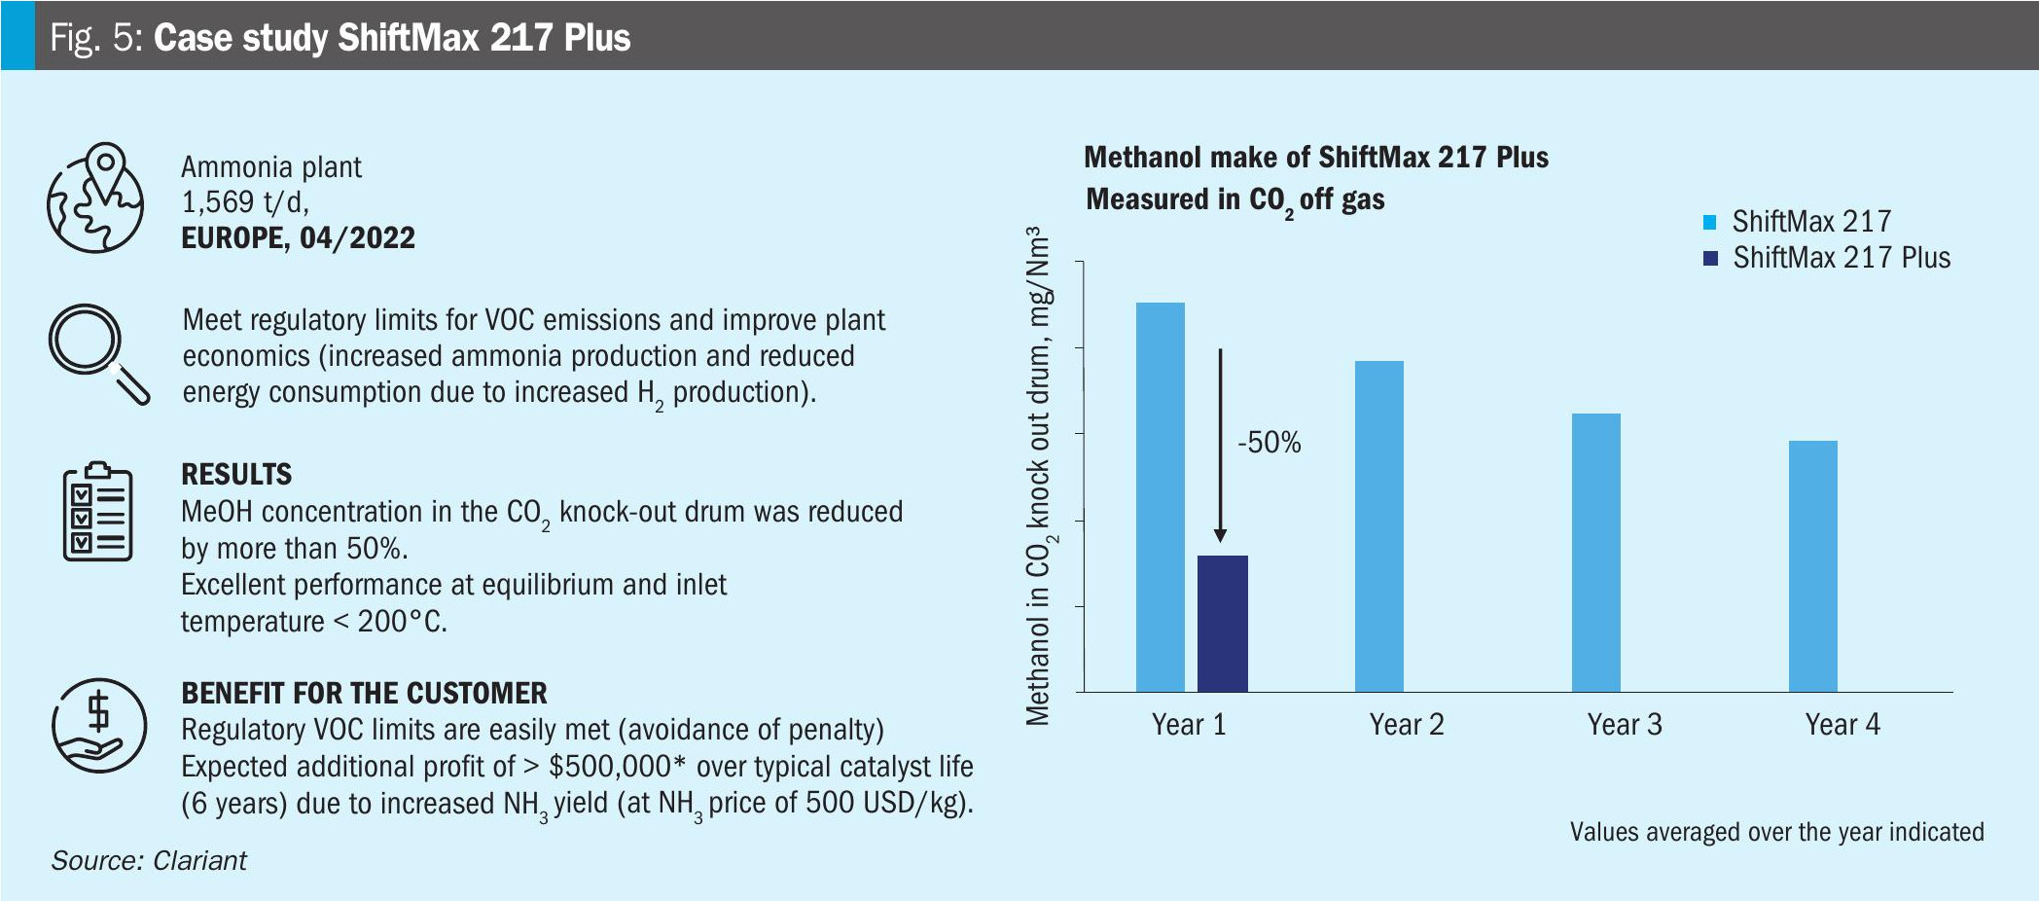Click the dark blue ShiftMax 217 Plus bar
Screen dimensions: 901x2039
1222,623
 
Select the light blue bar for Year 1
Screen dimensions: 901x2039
1161,496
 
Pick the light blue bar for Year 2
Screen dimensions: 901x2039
1378,525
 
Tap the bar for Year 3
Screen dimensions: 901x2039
1596,552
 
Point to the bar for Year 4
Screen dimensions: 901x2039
1813,565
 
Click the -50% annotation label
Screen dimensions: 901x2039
1269,443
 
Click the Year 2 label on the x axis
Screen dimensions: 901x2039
1407,725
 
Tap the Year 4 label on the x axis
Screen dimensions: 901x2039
1842,725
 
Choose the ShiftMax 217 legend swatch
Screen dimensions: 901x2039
1710,222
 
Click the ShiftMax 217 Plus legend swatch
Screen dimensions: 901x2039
1710,259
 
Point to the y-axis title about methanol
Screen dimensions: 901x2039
1039,476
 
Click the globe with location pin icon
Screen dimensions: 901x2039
95,198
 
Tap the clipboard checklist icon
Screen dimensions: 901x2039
97,512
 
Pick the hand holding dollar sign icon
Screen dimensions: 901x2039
98,726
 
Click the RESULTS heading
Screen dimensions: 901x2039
236,475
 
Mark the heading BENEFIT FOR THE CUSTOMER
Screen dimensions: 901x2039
364,694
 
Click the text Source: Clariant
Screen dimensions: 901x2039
149,861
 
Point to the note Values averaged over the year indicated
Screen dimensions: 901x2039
1776,833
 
